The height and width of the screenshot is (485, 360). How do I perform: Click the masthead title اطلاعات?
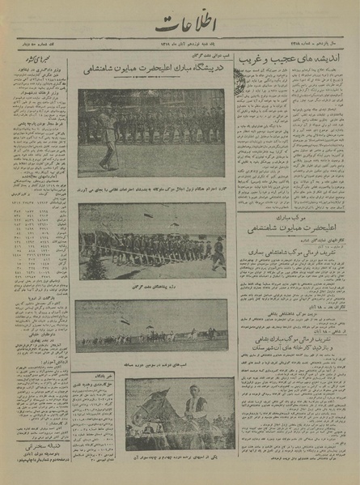tap(180, 26)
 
